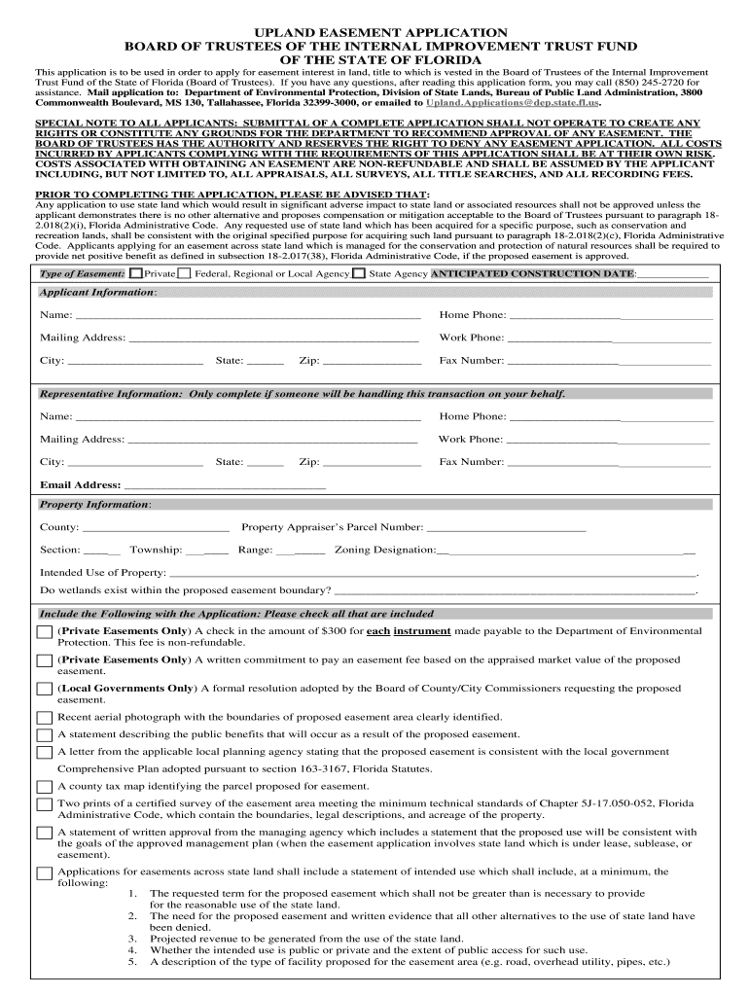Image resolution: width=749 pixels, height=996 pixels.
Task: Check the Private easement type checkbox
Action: coord(135,274)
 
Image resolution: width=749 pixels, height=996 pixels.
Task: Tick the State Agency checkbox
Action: coord(359,274)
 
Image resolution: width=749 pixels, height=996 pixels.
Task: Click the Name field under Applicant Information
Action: coord(247,315)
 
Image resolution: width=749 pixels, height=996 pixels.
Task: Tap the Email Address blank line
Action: coord(225,485)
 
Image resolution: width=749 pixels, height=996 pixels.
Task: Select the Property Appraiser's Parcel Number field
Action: coord(506,528)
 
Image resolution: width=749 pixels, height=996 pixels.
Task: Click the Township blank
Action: coord(207,551)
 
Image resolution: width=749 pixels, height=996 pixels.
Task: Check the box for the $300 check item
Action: coord(45,633)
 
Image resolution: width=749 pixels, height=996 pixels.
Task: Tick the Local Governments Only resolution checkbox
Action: coord(45,690)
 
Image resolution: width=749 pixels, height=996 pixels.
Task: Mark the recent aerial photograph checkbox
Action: coord(45,718)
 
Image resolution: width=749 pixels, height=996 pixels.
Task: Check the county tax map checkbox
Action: coord(45,787)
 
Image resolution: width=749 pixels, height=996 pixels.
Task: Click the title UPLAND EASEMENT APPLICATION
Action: coord(374,32)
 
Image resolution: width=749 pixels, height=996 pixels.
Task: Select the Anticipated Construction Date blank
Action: coord(673,275)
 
